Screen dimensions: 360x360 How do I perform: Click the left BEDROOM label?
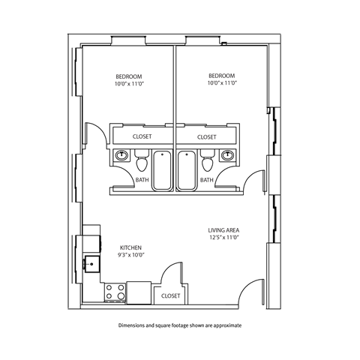coord(129,76)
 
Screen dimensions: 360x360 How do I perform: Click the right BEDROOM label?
coord(222,76)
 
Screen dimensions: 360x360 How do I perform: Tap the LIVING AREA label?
coord(223,230)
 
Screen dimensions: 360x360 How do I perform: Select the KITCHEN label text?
coord(131,247)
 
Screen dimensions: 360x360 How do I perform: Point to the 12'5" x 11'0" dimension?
coord(223,238)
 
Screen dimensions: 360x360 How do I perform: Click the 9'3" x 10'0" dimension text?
coord(131,256)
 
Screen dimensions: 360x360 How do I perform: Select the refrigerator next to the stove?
coord(139,292)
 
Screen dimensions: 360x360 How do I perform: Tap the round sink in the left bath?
coord(121,156)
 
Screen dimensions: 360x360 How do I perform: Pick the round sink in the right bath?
coord(228,156)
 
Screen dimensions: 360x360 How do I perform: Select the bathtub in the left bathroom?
coord(163,170)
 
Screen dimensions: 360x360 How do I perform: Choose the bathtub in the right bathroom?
coord(187,170)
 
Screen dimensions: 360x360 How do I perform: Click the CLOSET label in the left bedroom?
coord(142,137)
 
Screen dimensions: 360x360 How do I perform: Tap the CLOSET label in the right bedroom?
coord(207,137)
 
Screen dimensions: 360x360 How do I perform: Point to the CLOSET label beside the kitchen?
coord(170,296)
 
